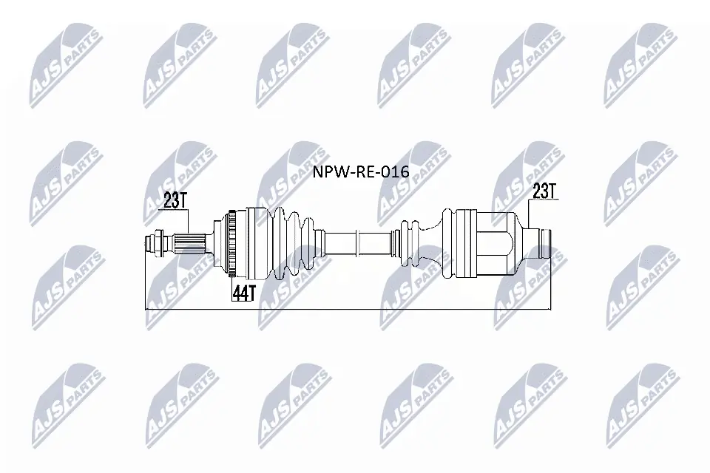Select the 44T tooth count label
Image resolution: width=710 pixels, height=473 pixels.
pos(243,292)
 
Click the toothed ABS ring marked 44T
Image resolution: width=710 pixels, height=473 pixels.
pos(232,243)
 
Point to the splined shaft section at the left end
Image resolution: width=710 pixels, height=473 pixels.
pos(191,243)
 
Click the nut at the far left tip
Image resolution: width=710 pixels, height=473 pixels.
pos(157,243)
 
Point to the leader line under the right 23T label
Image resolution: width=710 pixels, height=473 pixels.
pos(530,214)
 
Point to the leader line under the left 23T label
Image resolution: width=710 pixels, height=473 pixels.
pos(189,220)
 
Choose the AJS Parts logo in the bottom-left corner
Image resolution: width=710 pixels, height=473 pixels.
pos(67,403)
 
